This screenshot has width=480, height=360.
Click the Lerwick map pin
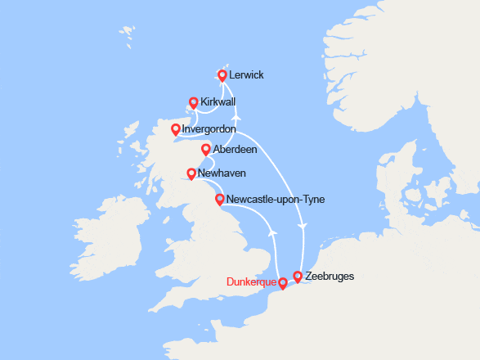pyautogui.click(x=222, y=74)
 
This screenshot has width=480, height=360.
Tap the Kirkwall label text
pyautogui.click(x=218, y=101)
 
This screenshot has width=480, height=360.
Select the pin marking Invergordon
pyautogui.click(x=176, y=128)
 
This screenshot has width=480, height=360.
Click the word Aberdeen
pyautogui.click(x=235, y=151)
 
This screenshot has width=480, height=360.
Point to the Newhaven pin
pyautogui.click(x=191, y=173)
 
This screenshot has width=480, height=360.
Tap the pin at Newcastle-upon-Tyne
pyautogui.click(x=219, y=199)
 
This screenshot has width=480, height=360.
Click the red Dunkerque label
pyautogui.click(x=251, y=284)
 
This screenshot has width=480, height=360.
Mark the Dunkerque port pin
pyautogui.click(x=283, y=283)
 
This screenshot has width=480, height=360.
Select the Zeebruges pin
pyautogui.click(x=298, y=276)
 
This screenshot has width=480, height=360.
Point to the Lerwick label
pyautogui.click(x=246, y=75)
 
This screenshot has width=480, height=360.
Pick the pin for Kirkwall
pyautogui.click(x=194, y=102)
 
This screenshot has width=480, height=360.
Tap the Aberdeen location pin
pyautogui.click(x=206, y=149)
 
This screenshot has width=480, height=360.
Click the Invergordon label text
pyautogui.click(x=209, y=129)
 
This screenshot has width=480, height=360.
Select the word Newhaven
pyautogui.click(x=222, y=173)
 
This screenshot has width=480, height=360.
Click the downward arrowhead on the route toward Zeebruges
pyautogui.click(x=303, y=225)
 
